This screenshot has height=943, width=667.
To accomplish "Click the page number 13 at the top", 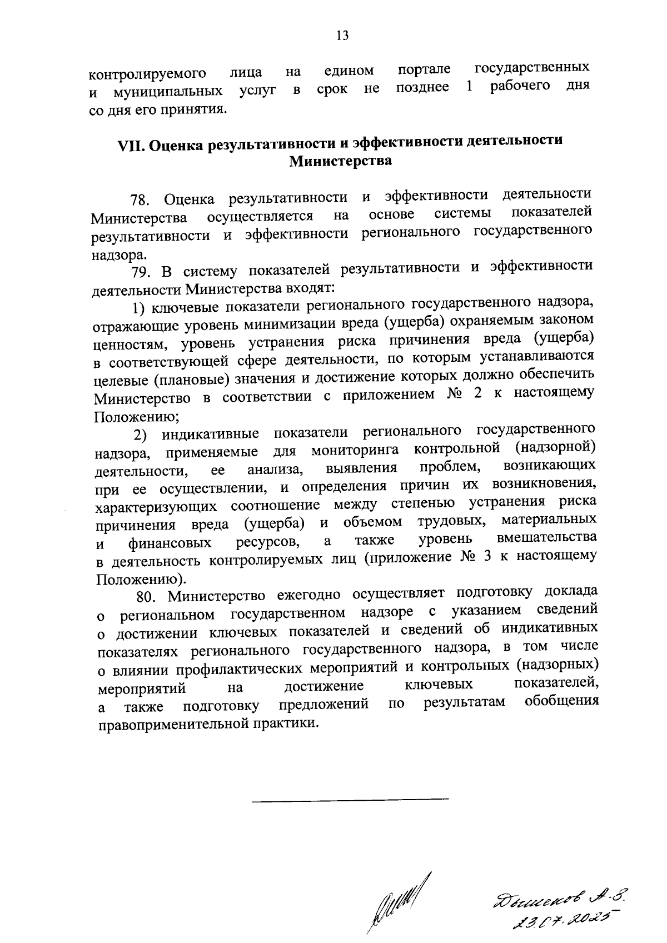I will pos(342,36).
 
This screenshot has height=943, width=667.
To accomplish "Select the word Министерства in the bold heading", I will pos(340,162).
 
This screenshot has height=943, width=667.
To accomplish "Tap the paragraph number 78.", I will pos(141,199).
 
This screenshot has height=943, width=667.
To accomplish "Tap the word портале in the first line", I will pos(424,71).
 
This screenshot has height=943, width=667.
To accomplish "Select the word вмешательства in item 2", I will pos(547,538).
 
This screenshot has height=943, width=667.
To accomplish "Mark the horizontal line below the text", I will pos(350,799).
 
